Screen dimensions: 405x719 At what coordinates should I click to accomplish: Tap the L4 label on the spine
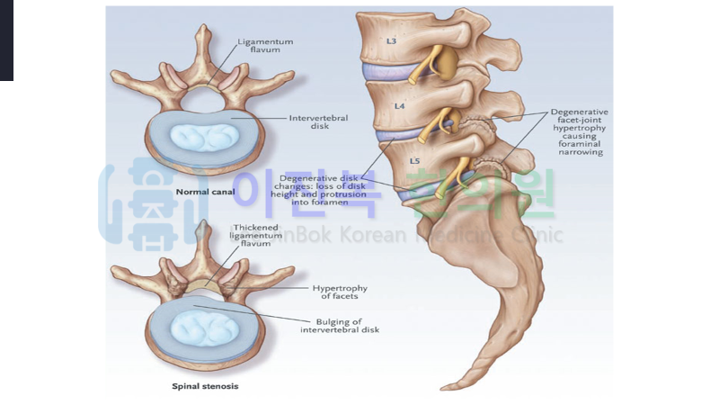pyautogui.click(x=401, y=105)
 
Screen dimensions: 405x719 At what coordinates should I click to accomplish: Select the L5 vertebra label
pyautogui.click(x=414, y=160)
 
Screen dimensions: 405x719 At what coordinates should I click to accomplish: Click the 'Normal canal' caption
pyautogui.click(x=204, y=192)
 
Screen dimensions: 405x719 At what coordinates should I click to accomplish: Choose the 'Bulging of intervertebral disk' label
pyautogui.click(x=340, y=325)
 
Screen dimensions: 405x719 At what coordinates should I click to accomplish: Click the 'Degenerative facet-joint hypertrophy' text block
pyautogui.click(x=578, y=132)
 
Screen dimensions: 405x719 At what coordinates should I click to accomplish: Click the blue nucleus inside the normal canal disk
pyautogui.click(x=205, y=138)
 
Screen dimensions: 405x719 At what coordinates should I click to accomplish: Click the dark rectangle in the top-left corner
pyautogui.click(x=6, y=40)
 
